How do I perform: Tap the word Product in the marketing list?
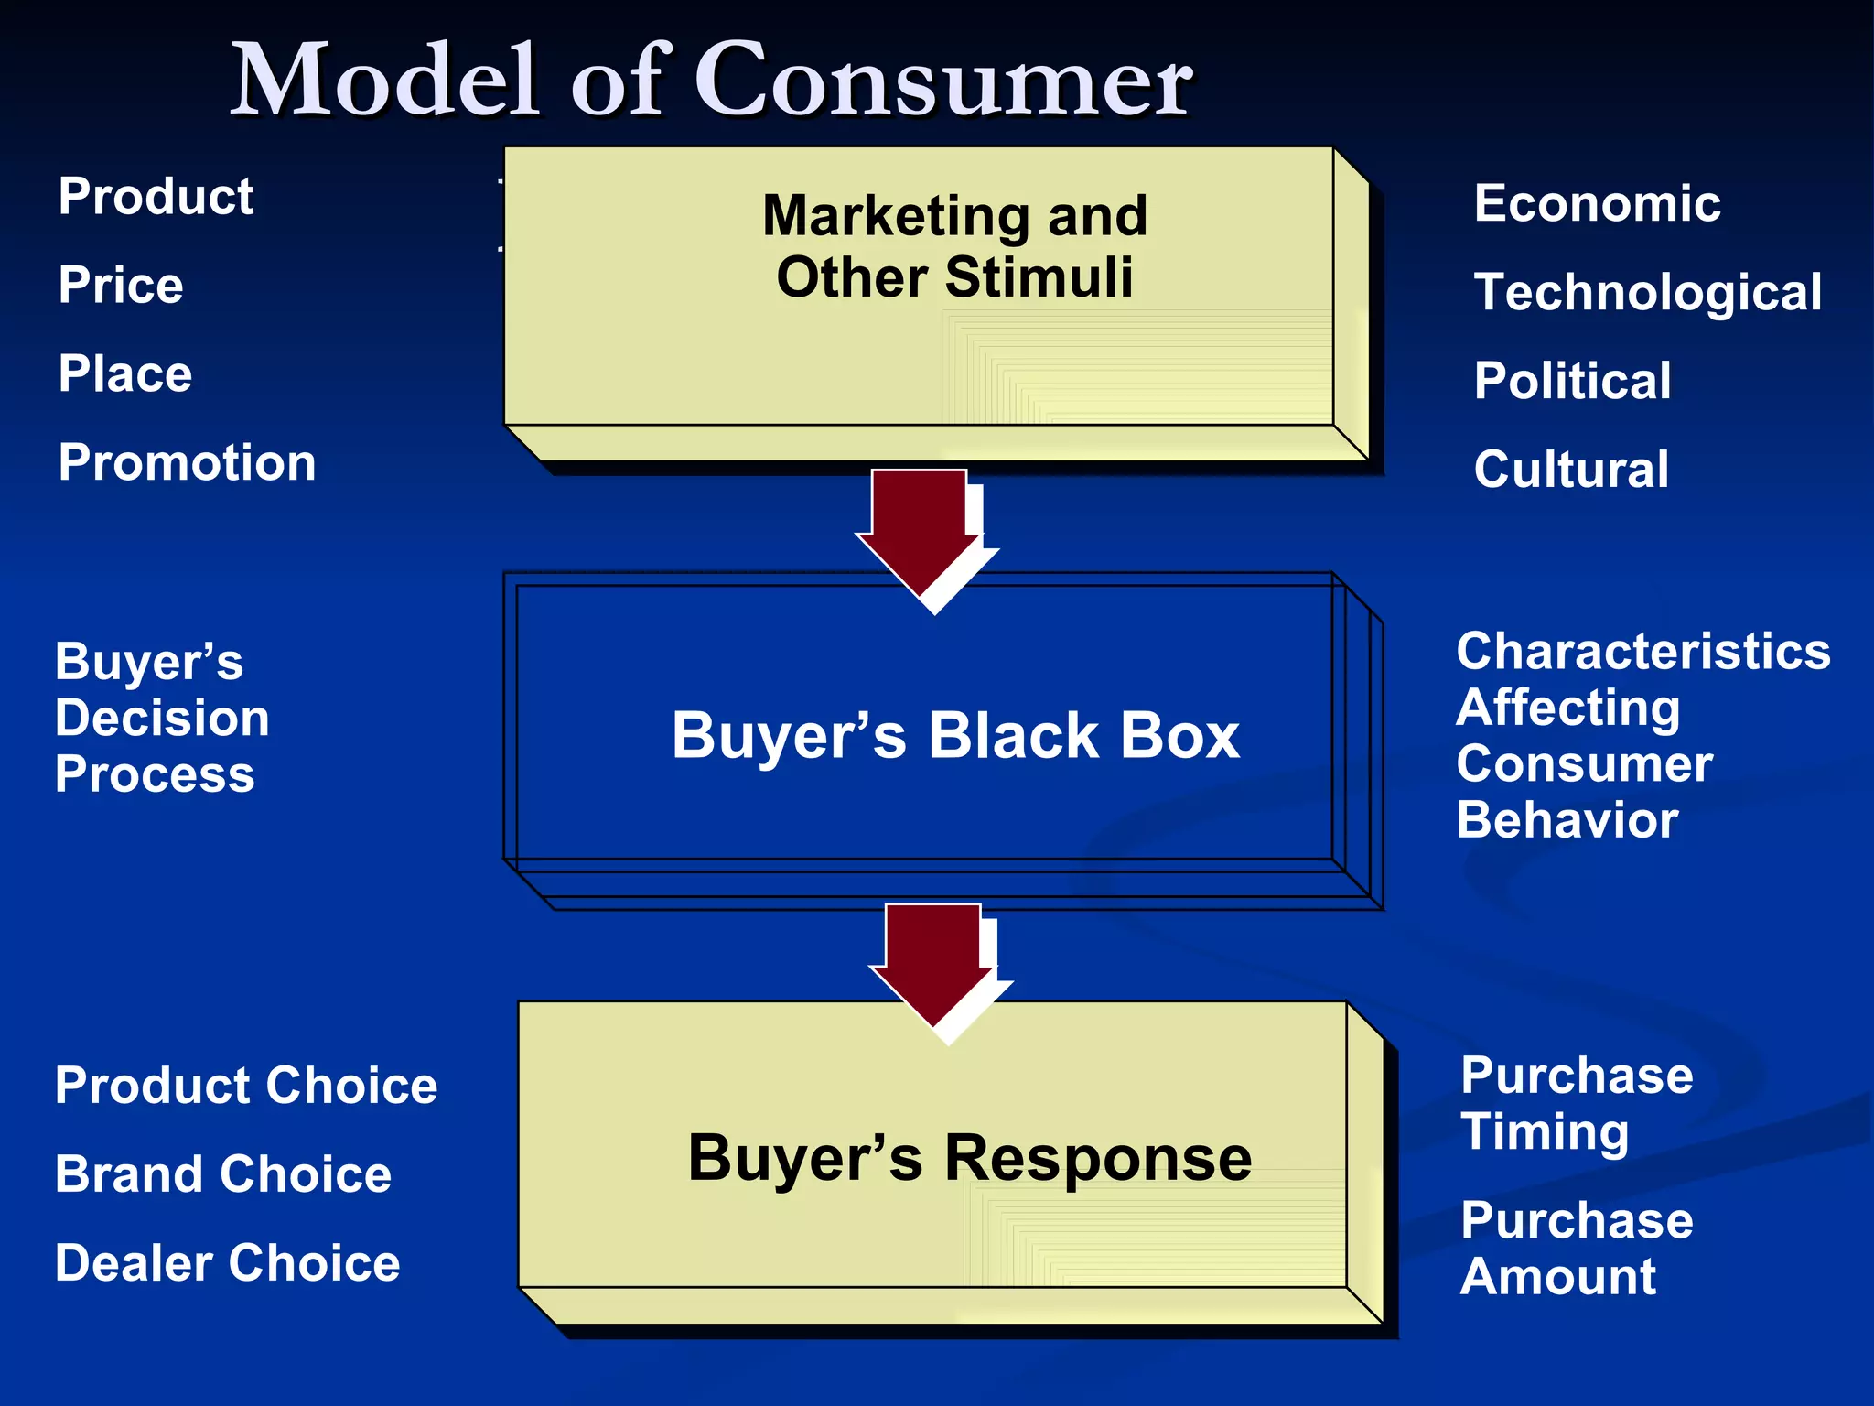(156, 197)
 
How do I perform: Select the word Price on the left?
(121, 286)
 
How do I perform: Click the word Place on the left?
(125, 374)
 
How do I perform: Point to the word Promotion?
(187, 462)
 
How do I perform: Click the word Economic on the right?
(1597, 203)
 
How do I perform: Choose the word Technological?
(1647, 293)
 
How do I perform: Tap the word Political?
(1572, 381)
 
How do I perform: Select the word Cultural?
(1571, 470)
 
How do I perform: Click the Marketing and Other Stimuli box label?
(954, 246)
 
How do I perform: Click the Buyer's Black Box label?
(955, 735)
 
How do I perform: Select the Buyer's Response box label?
(969, 1158)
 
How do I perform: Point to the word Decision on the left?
(162, 718)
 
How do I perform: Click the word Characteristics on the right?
(1642, 652)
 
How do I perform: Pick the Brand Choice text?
(222, 1174)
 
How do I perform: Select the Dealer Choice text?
(227, 1263)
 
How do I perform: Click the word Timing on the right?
(1545, 1132)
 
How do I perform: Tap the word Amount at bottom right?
(1557, 1277)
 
